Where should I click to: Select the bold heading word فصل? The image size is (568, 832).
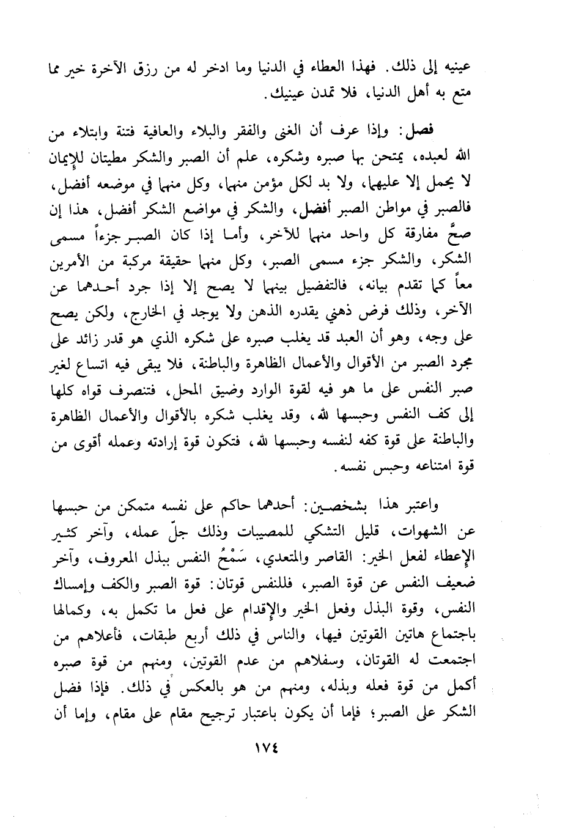click(421, 130)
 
